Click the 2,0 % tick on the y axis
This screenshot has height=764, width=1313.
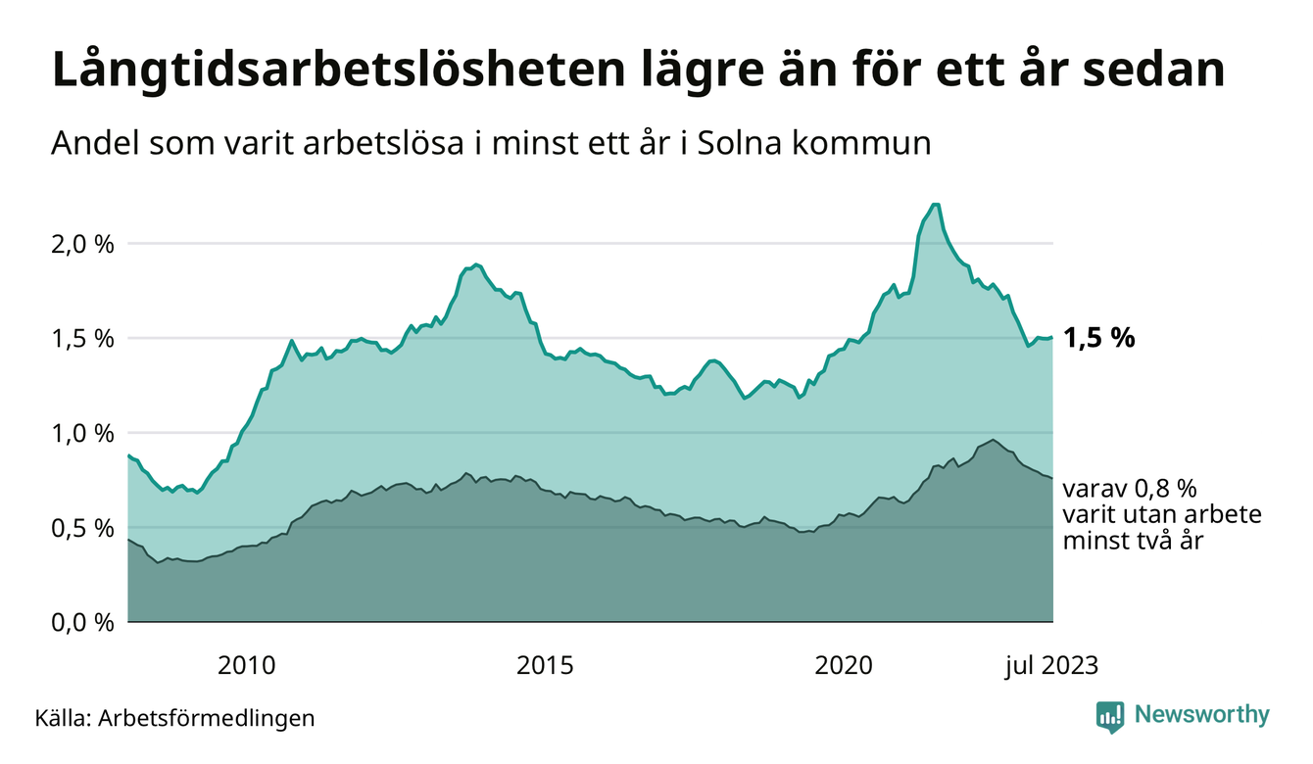coord(82,243)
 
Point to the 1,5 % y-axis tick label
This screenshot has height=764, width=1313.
coord(82,338)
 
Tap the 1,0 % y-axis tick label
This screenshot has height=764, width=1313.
coord(82,433)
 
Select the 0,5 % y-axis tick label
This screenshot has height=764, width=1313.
coord(82,528)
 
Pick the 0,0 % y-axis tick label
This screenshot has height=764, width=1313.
coord(82,622)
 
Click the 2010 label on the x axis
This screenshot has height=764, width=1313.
coord(245,666)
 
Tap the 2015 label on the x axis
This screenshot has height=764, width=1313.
coord(544,666)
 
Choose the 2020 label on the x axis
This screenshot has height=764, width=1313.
coord(844,666)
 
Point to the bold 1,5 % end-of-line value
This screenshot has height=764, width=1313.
coord(1098,338)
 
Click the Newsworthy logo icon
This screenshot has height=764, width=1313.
coord(1110,717)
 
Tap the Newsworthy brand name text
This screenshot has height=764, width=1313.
coord(1201,715)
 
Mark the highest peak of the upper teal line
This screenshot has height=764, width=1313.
coord(935,204)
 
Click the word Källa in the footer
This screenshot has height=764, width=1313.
coord(63,718)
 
